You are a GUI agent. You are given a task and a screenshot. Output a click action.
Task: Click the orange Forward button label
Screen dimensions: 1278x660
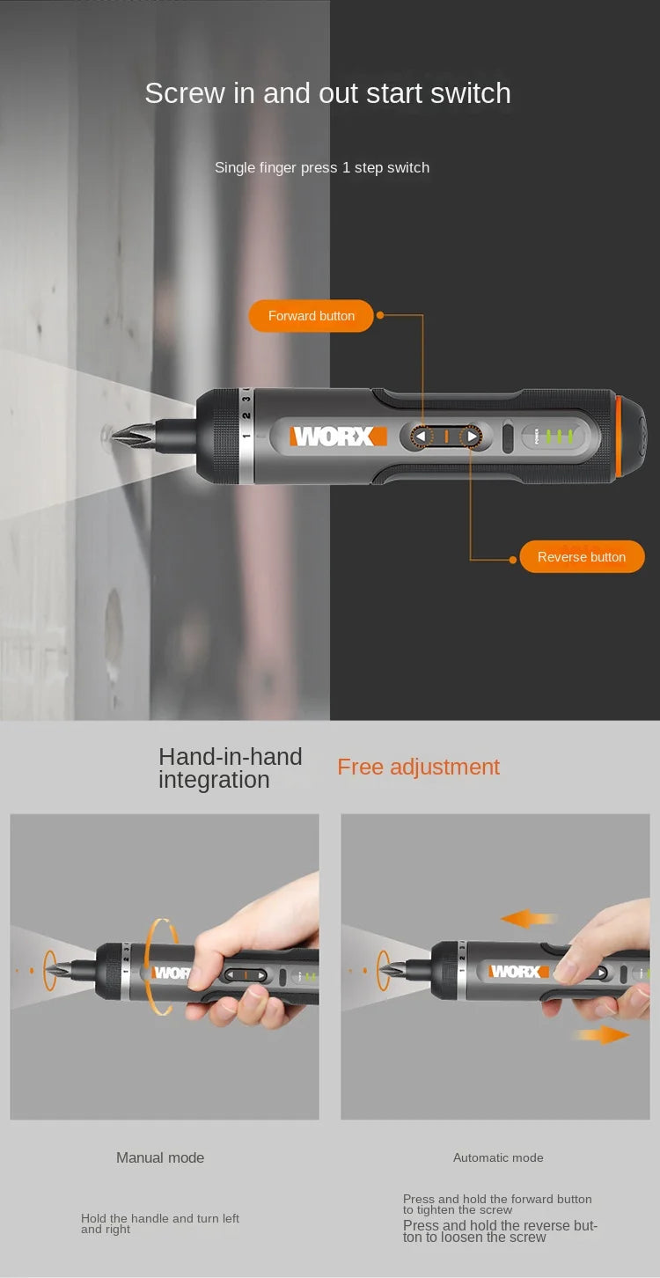click(x=312, y=316)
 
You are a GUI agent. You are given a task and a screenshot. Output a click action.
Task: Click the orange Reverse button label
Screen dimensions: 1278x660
click(x=582, y=557)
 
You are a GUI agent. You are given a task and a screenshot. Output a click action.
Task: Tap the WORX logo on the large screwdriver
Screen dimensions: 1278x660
click(x=338, y=436)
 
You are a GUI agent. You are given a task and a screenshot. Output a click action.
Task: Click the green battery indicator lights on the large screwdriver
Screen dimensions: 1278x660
click(x=558, y=436)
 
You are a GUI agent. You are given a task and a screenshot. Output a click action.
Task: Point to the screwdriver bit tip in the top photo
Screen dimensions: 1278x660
click(x=120, y=434)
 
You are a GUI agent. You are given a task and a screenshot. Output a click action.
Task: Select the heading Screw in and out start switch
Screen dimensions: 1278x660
click(x=327, y=93)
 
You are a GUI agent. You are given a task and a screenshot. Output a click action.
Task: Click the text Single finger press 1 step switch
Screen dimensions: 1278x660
click(x=322, y=167)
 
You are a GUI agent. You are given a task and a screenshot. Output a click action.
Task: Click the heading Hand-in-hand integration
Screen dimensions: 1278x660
click(x=230, y=768)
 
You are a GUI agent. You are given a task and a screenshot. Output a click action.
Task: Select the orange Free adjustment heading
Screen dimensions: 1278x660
click(x=418, y=767)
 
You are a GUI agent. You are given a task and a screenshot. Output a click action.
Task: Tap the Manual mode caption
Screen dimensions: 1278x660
click(x=160, y=1157)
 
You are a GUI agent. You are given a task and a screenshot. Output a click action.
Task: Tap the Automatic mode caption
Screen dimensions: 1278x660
click(x=498, y=1157)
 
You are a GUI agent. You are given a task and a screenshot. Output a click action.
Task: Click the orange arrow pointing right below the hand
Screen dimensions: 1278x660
click(x=603, y=1035)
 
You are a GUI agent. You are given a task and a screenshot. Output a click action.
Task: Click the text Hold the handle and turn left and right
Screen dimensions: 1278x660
click(x=160, y=1223)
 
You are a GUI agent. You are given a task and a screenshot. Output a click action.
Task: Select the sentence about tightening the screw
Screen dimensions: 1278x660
click(x=497, y=1204)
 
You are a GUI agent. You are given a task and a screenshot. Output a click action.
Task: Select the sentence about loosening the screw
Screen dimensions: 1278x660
click(x=500, y=1231)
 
